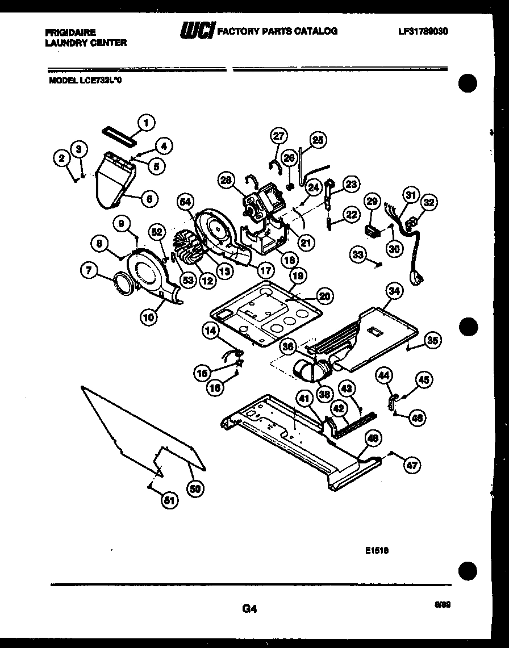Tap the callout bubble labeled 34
393,291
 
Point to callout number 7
89,271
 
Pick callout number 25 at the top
317,140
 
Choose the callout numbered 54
184,200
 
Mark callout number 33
358,256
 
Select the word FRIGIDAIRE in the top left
70,32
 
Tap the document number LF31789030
423,32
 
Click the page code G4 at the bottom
250,609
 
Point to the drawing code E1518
377,550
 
